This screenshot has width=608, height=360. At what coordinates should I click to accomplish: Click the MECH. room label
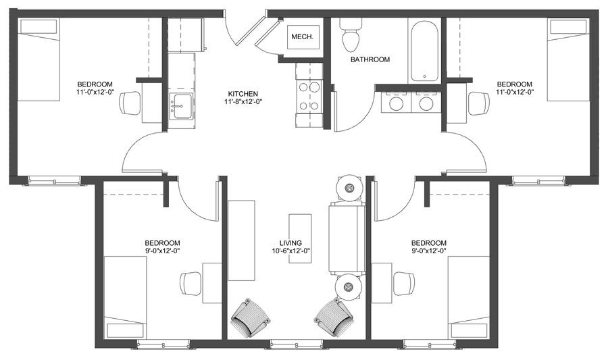click(301, 37)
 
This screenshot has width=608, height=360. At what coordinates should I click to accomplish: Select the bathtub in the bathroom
click(424, 51)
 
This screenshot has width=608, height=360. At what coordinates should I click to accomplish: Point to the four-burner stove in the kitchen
click(308, 97)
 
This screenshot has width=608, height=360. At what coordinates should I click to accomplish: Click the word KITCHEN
click(243, 94)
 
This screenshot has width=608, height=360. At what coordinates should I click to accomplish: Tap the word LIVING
click(290, 243)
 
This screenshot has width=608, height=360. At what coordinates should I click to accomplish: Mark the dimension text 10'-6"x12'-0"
click(290, 251)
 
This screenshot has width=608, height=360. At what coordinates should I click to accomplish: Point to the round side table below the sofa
click(349, 287)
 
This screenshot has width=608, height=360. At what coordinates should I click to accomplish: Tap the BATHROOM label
click(370, 59)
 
